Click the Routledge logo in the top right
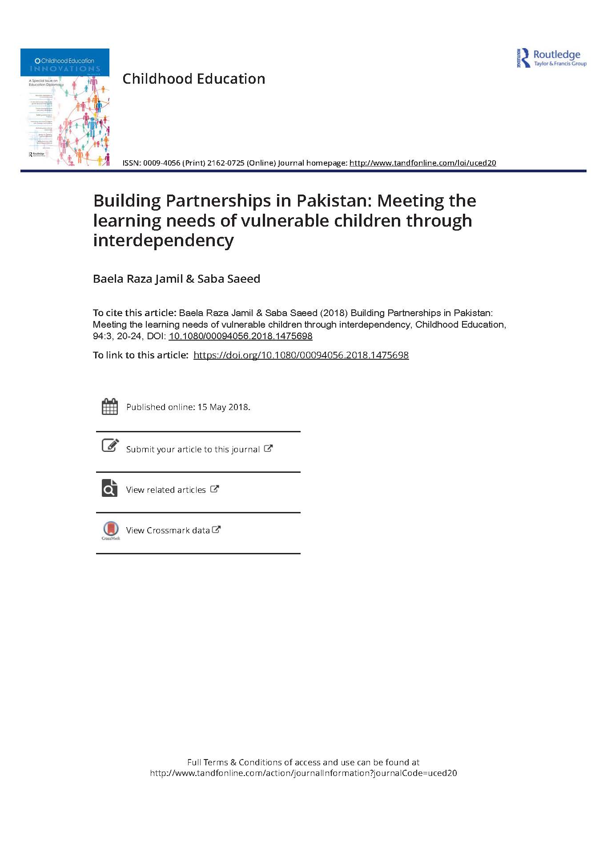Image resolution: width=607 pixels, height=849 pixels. (551, 58)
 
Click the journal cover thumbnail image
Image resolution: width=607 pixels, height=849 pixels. (65, 107)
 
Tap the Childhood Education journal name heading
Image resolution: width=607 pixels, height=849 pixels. (194, 79)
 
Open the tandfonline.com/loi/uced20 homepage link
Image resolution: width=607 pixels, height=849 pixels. (422, 163)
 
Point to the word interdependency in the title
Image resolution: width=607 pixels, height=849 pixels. (163, 240)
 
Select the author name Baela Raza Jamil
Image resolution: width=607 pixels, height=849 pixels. (138, 279)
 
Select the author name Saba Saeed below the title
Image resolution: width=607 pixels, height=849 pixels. (229, 279)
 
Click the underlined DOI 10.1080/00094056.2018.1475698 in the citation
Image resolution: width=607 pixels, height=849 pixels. (241, 336)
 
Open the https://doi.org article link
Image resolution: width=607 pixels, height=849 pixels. (301, 355)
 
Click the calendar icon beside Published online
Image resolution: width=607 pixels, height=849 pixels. (110, 406)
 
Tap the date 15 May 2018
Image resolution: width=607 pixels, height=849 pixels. (224, 407)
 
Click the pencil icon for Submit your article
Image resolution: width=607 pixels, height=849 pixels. (110, 445)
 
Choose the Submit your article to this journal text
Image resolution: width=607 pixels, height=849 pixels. (193, 449)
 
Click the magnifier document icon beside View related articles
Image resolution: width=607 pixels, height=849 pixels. (110, 488)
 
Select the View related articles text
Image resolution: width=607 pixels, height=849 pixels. (166, 490)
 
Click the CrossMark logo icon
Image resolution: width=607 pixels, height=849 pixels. (111, 530)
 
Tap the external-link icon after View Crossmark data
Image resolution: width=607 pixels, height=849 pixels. (217, 530)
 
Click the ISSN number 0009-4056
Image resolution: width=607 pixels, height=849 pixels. (161, 163)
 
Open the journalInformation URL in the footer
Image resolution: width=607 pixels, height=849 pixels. (303, 773)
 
